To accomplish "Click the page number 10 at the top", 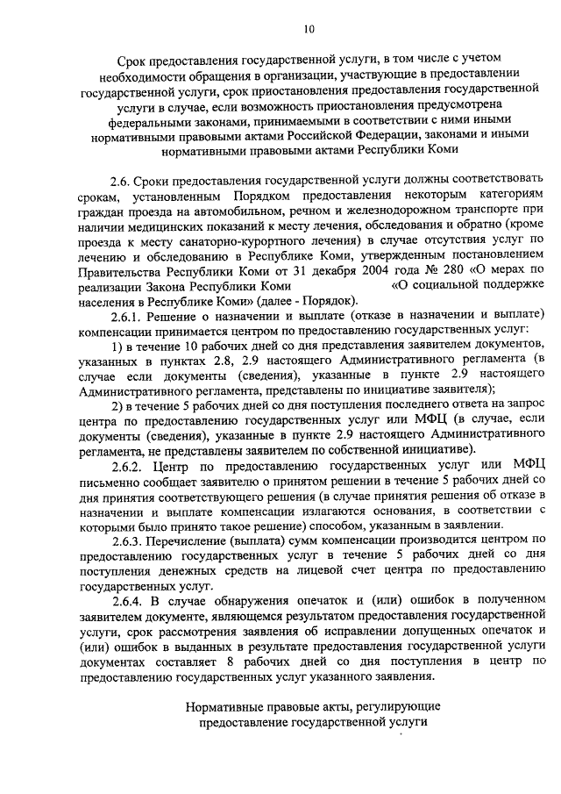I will click(x=308, y=29).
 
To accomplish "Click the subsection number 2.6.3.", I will click(x=127, y=541).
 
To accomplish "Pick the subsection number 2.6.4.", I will click(x=128, y=600).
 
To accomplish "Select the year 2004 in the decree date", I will click(x=344, y=269).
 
